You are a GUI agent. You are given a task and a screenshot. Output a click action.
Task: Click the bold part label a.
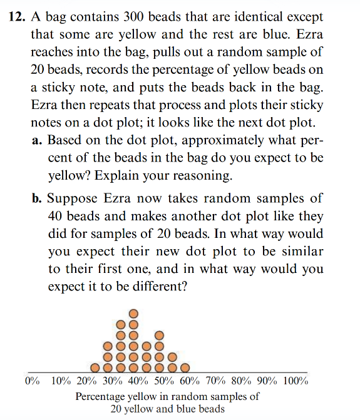pos(36,140)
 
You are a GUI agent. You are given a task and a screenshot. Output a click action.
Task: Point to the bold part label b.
pos(36,198)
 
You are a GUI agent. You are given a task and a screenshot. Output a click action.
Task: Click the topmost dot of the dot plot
pos(133,314)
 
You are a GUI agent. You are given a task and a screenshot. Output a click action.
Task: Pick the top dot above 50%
pos(159,335)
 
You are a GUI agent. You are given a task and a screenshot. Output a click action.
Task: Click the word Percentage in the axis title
pos(101,396)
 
